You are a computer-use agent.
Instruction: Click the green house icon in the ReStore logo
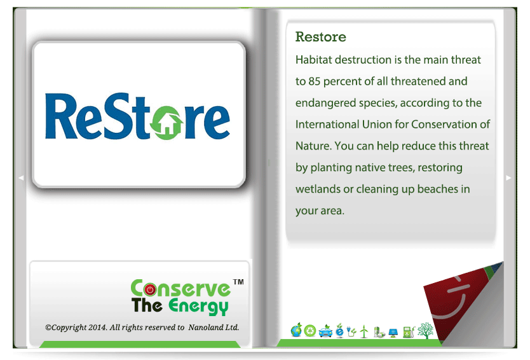click(x=166, y=123)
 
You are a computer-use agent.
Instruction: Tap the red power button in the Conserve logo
click(x=150, y=289)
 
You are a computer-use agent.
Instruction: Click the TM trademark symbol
click(x=238, y=282)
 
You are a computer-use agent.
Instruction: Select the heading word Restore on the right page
click(x=321, y=36)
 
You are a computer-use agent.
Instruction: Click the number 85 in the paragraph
click(x=314, y=81)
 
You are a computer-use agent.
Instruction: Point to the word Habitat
click(x=313, y=60)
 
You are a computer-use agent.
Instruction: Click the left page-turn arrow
click(x=21, y=177)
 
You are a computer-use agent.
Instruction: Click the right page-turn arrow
click(x=508, y=177)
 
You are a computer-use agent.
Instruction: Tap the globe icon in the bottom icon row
click(x=296, y=330)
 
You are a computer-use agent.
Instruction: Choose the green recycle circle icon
click(x=309, y=331)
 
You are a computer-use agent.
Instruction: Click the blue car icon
click(x=325, y=331)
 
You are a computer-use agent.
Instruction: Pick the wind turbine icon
click(x=364, y=331)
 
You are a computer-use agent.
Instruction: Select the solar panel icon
click(x=393, y=333)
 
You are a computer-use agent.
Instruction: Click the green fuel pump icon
click(x=409, y=332)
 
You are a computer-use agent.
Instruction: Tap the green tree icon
click(x=426, y=331)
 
